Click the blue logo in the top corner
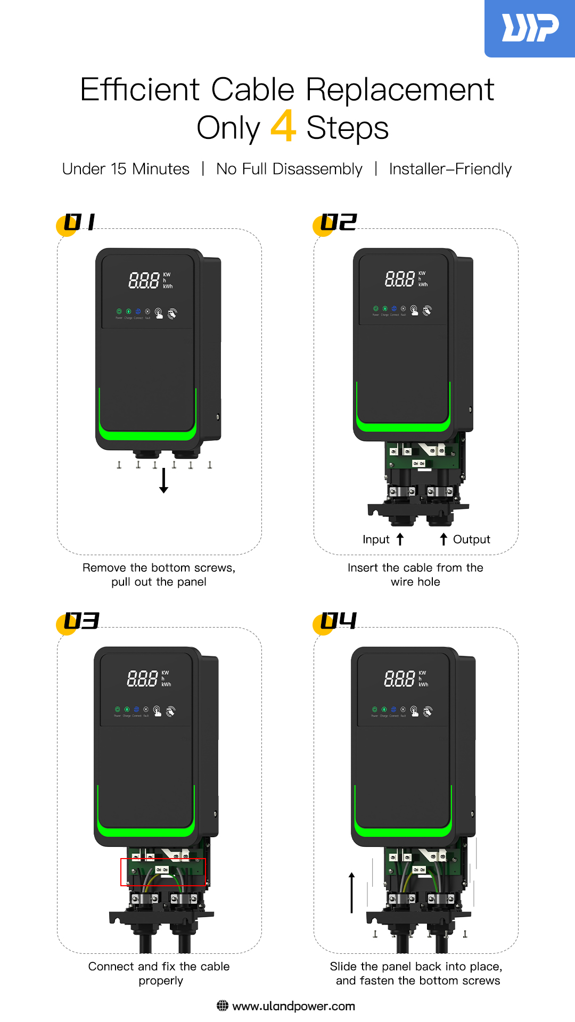pyautogui.click(x=530, y=28)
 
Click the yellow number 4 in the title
pyautogui.click(x=283, y=126)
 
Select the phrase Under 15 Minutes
pyautogui.click(x=126, y=169)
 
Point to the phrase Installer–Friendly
pyautogui.click(x=450, y=169)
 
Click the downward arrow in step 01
pyautogui.click(x=164, y=480)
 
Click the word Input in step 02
pyautogui.click(x=376, y=540)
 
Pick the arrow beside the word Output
pyautogui.click(x=443, y=540)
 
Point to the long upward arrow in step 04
pyautogui.click(x=351, y=892)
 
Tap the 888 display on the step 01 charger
pyautogui.click(x=144, y=281)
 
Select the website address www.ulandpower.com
pyautogui.click(x=293, y=1006)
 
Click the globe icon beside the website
pyautogui.click(x=223, y=1006)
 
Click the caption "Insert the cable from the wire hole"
pyautogui.click(x=415, y=575)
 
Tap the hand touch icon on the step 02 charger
pyautogui.click(x=414, y=310)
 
